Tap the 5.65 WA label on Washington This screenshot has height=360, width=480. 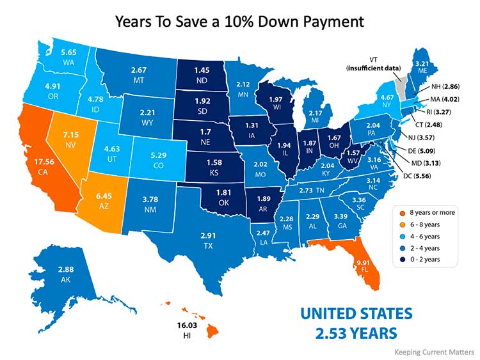68,55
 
